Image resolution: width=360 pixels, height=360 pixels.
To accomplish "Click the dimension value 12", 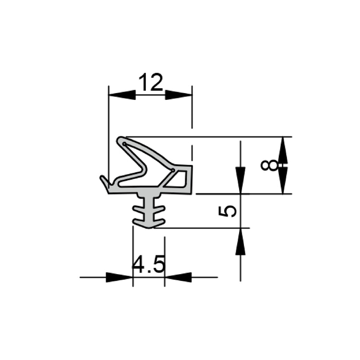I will click(x=151, y=83).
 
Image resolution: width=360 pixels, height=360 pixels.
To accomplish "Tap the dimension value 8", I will click(x=269, y=165).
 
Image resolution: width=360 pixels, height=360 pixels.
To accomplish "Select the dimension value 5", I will click(x=228, y=211).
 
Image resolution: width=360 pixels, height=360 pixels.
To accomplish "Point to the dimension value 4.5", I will click(x=149, y=264).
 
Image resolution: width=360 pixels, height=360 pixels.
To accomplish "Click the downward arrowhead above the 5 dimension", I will click(x=240, y=180).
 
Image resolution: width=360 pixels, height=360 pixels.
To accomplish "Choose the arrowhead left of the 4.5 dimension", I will click(x=119, y=277).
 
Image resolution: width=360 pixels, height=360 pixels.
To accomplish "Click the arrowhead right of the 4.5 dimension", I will click(x=178, y=277).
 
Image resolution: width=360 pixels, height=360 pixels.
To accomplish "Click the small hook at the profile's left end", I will click(x=104, y=182).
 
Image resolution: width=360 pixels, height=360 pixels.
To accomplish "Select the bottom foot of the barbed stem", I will click(x=149, y=224).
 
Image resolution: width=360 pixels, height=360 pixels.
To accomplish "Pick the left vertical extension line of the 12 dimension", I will click(x=109, y=134).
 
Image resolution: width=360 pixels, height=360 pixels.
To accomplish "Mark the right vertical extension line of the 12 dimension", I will click(x=192, y=108).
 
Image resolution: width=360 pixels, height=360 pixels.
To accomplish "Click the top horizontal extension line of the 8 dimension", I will click(x=216, y=137).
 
